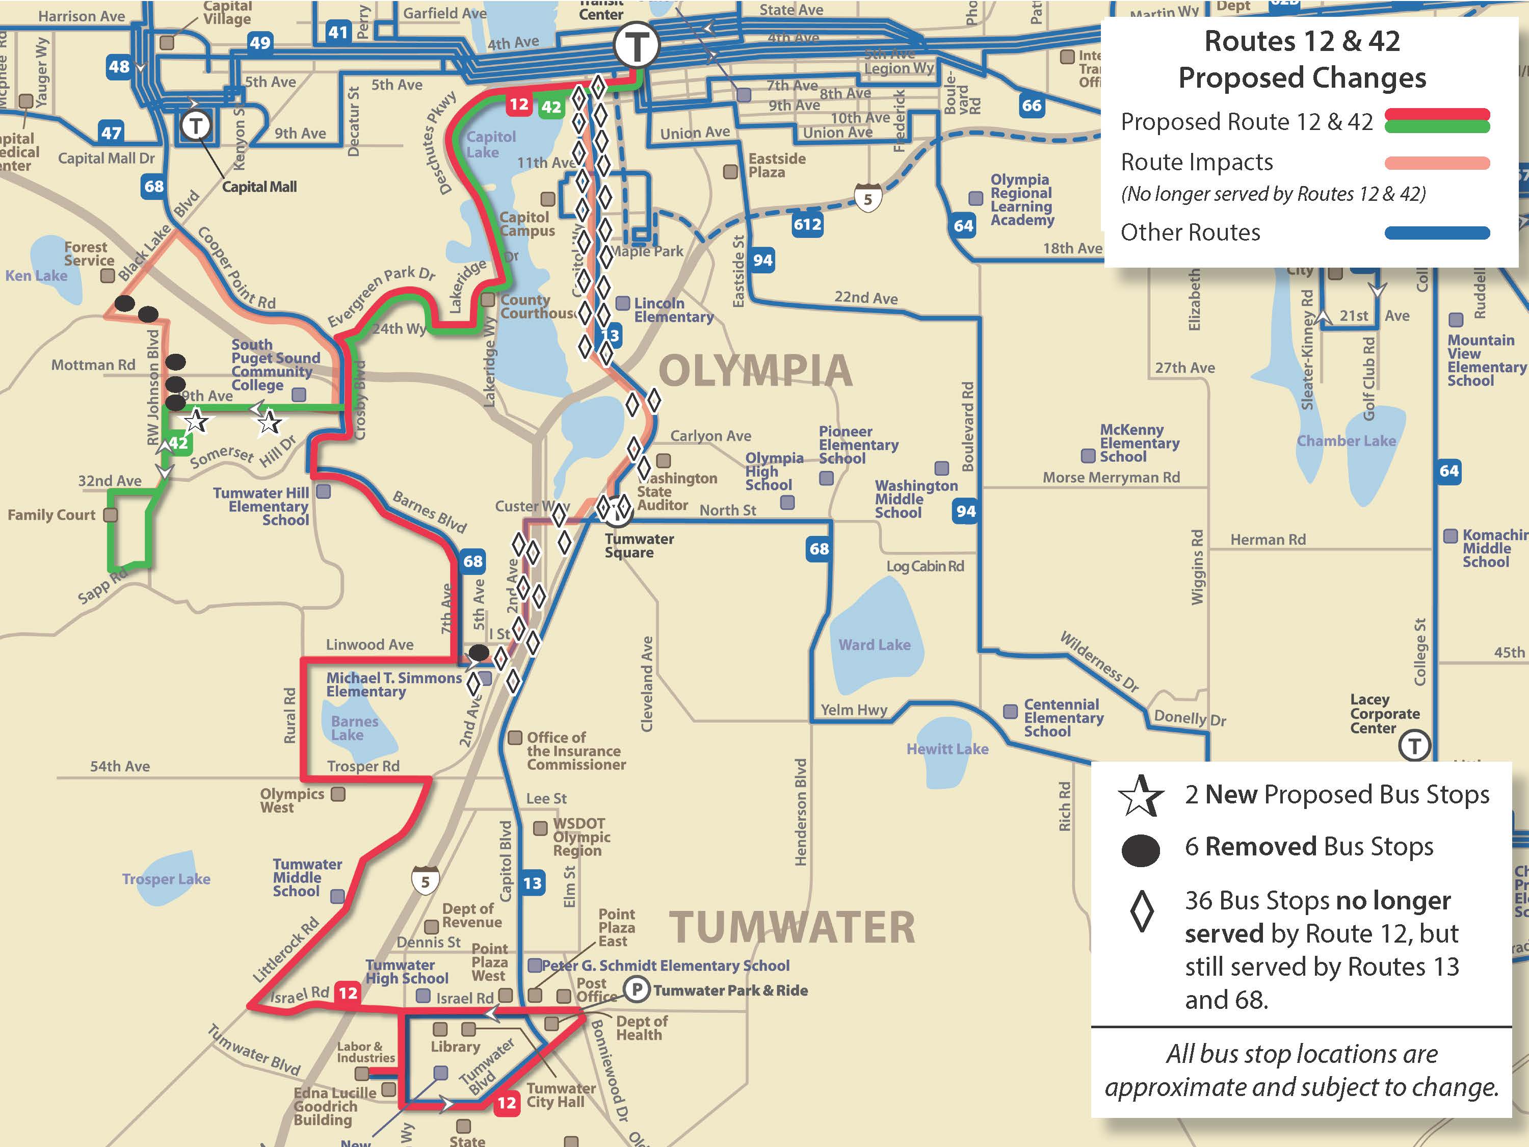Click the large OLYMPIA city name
pyautogui.click(x=755, y=371)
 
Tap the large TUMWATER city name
pyautogui.click(x=792, y=927)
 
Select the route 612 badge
pyautogui.click(x=807, y=224)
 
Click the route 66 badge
pyautogui.click(x=1032, y=105)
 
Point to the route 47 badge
pyautogui.click(x=111, y=132)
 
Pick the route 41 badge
pyautogui.click(x=337, y=32)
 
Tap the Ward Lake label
pyautogui.click(x=875, y=644)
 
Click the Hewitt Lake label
pyautogui.click(x=947, y=749)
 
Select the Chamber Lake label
pyautogui.click(x=1346, y=440)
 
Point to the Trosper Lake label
pyautogui.click(x=166, y=879)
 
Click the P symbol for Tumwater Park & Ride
pyautogui.click(x=637, y=989)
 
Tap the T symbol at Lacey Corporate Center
pyautogui.click(x=1414, y=746)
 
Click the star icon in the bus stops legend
pyautogui.click(x=1141, y=795)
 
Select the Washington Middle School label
pyautogui.click(x=916, y=499)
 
